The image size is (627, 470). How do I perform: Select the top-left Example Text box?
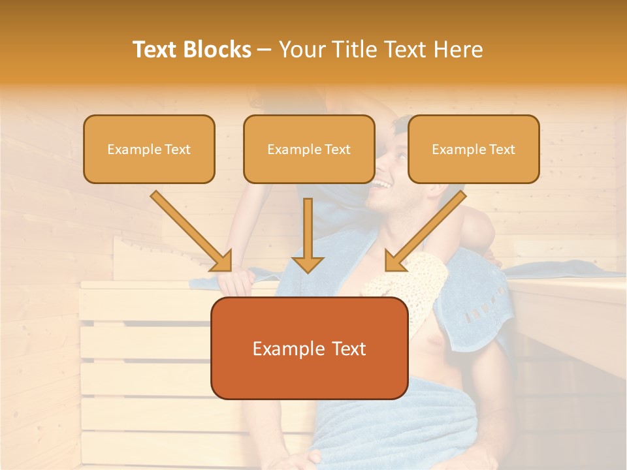click(x=149, y=149)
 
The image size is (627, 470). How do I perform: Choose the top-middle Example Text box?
click(x=309, y=149)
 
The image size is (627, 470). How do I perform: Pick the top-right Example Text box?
click(x=474, y=149)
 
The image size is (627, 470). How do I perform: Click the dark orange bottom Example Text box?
click(x=309, y=348)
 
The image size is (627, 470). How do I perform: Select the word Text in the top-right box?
click(x=502, y=149)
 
